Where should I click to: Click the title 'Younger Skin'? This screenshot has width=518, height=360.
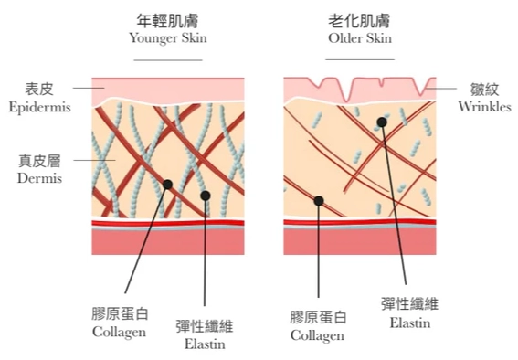[x=167, y=38]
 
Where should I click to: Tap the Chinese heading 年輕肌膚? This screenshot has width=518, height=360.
[x=167, y=19]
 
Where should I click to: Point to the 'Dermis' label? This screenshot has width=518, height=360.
[x=38, y=178]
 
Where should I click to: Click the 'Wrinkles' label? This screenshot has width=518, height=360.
[x=483, y=106]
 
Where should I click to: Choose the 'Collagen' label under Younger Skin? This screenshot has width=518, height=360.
[x=119, y=332]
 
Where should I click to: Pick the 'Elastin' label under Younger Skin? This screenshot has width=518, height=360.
[x=204, y=344]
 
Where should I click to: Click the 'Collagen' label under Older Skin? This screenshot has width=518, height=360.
[x=318, y=335]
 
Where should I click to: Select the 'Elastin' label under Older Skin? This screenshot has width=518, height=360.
[x=408, y=323]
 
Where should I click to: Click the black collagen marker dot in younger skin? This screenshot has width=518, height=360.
[x=168, y=185]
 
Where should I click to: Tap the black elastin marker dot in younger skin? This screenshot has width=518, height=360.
[x=206, y=195]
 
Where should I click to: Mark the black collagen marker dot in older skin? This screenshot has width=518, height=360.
[x=318, y=200]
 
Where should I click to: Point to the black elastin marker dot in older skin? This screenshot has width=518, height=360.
[x=380, y=122]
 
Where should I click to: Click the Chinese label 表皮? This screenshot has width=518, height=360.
[x=38, y=90]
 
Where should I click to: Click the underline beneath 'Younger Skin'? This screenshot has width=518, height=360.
[x=167, y=59]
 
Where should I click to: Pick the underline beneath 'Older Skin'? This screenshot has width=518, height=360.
[x=359, y=59]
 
